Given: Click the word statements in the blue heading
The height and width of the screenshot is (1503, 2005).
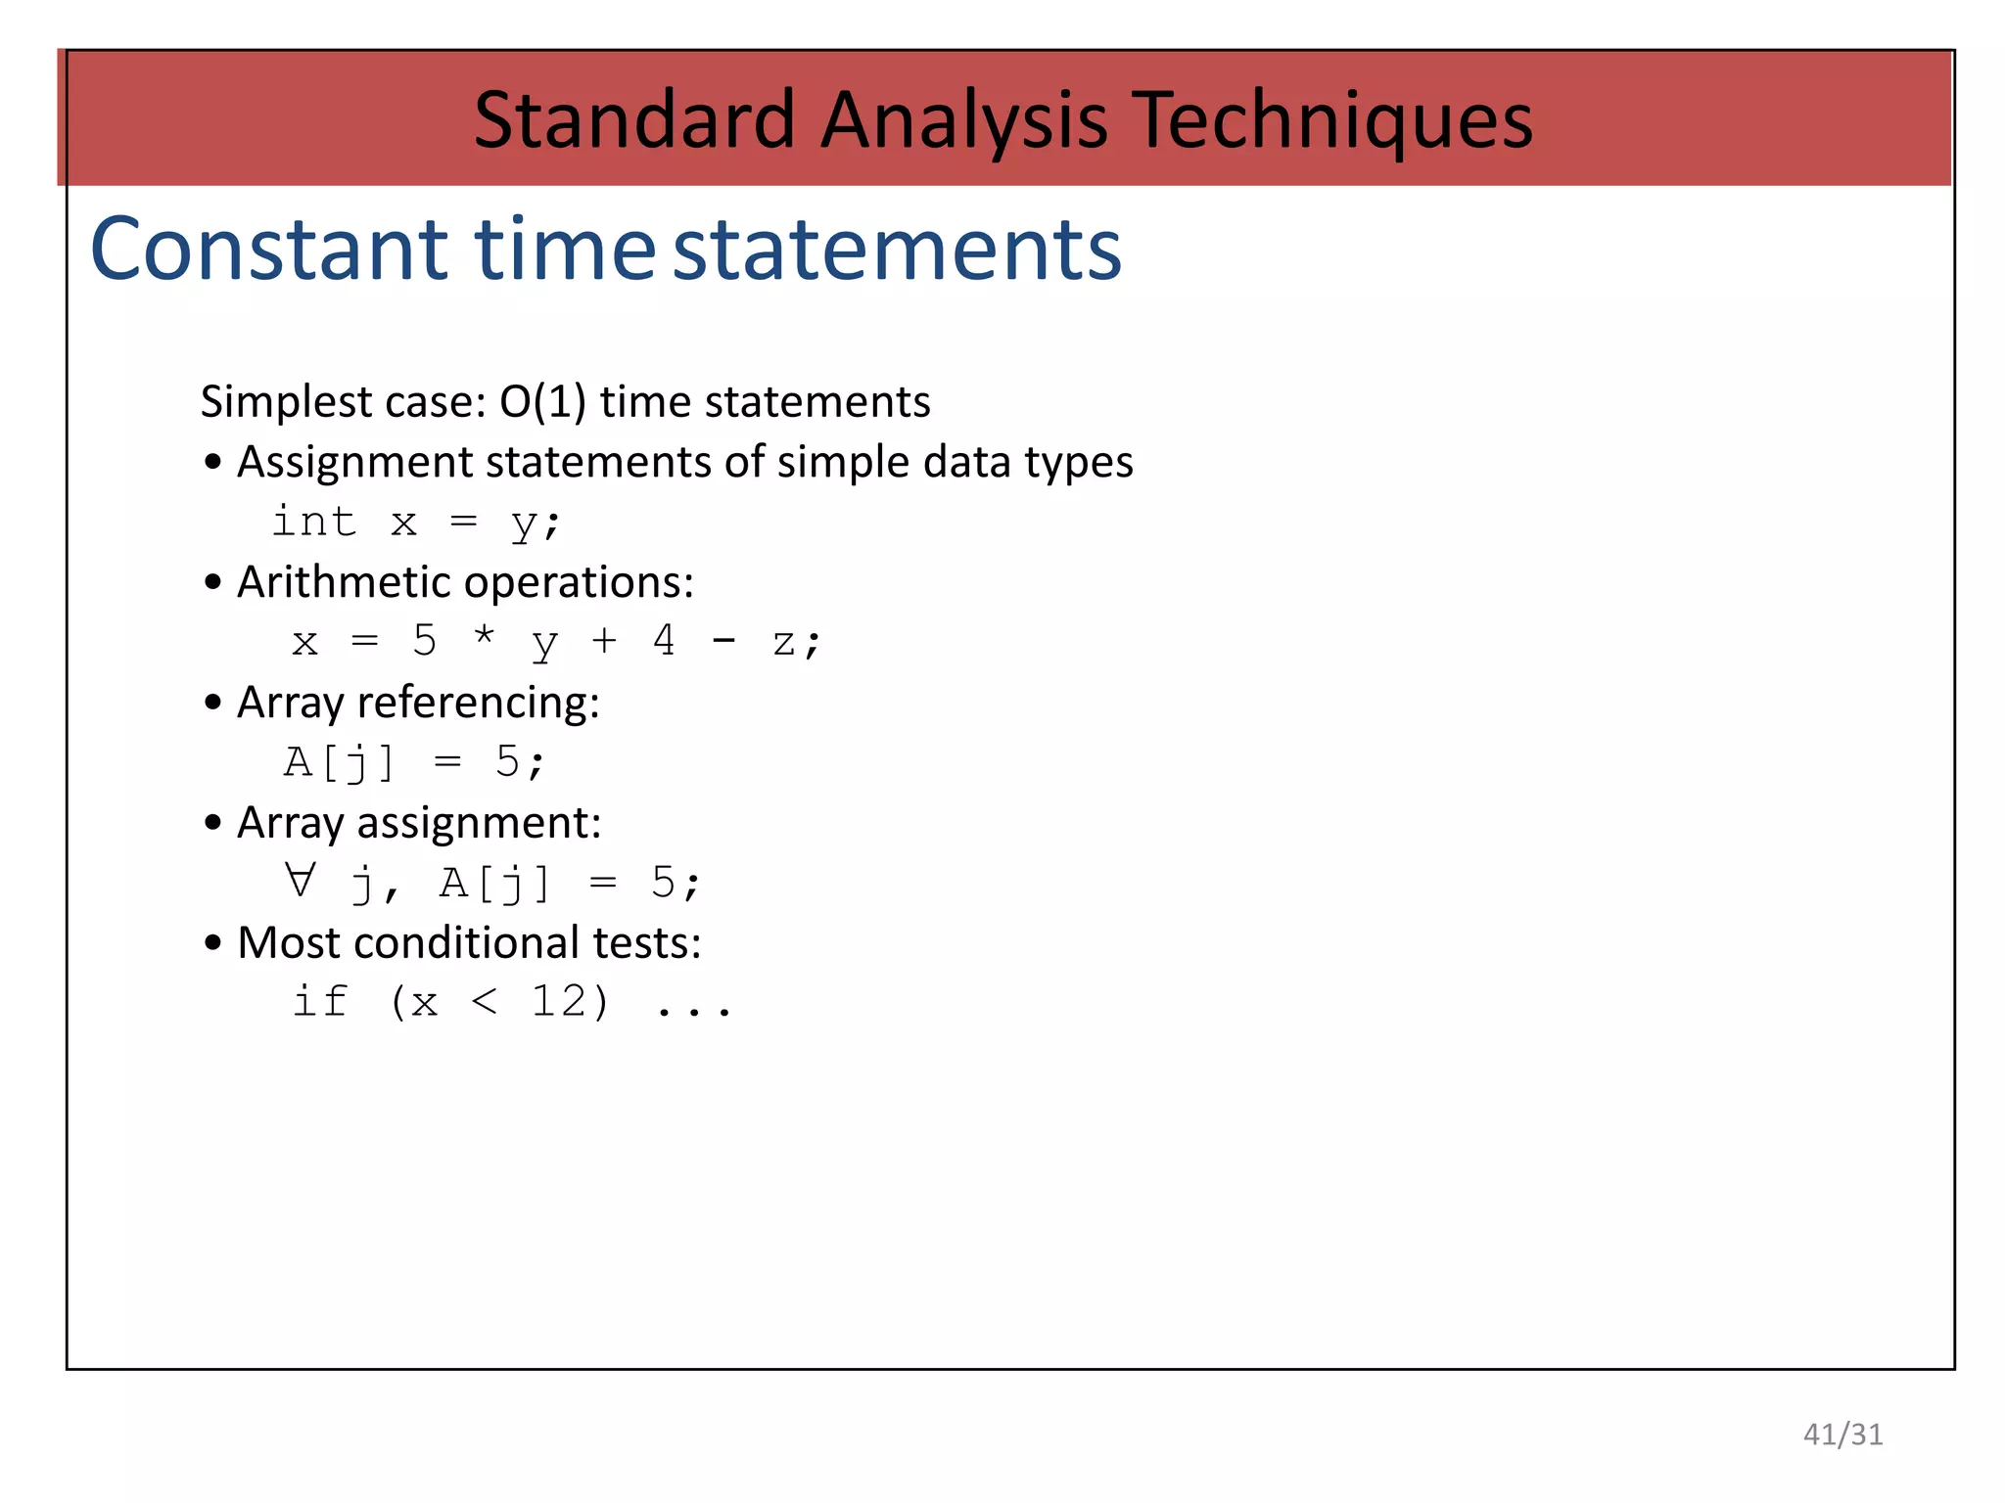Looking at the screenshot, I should [897, 250].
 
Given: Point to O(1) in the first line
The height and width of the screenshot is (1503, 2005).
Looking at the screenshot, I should [542, 402].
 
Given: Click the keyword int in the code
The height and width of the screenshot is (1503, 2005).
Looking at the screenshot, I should [313, 522].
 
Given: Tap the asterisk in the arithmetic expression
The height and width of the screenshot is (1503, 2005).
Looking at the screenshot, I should [484, 637].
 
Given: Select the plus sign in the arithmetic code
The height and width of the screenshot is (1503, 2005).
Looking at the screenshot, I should [604, 641].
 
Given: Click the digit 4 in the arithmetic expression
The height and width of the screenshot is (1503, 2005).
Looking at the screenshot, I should [664, 641].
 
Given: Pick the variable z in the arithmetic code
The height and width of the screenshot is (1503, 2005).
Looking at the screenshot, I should [783, 644].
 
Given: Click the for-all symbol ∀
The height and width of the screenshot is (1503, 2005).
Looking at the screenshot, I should [301, 880].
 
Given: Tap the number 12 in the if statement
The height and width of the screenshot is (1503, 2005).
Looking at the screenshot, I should [558, 1001].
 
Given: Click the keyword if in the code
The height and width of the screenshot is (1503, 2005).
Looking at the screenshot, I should [319, 1001].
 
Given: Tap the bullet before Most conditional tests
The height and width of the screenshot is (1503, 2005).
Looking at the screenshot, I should [213, 944].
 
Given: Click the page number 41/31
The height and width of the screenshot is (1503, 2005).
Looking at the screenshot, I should [1842, 1435].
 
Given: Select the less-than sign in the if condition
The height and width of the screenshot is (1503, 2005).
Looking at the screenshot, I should [485, 1001].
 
